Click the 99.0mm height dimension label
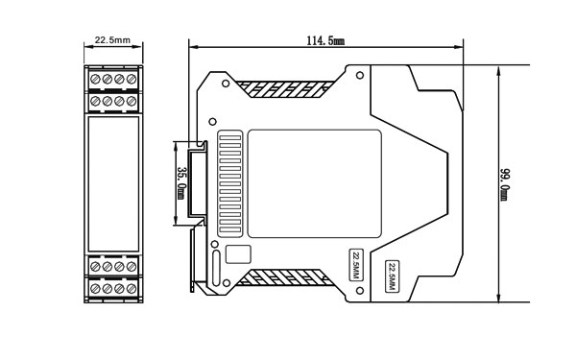(x=504, y=182)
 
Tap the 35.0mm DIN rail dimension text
(x=181, y=182)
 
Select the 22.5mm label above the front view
(x=112, y=41)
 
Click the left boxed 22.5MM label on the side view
(x=354, y=262)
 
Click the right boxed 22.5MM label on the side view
(x=393, y=275)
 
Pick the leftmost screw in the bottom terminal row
(x=95, y=287)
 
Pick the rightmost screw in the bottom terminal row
(x=131, y=287)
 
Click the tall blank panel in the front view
(x=112, y=183)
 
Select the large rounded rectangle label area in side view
(x=314, y=183)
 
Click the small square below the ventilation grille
(x=238, y=255)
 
